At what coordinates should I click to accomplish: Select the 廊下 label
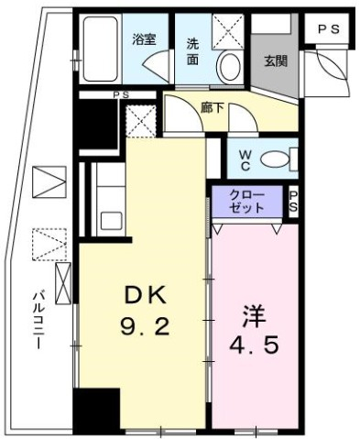tap(213, 106)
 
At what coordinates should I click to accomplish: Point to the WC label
tap(245, 159)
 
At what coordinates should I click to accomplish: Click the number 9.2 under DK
tap(146, 326)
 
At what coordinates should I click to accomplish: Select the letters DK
tap(146, 295)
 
